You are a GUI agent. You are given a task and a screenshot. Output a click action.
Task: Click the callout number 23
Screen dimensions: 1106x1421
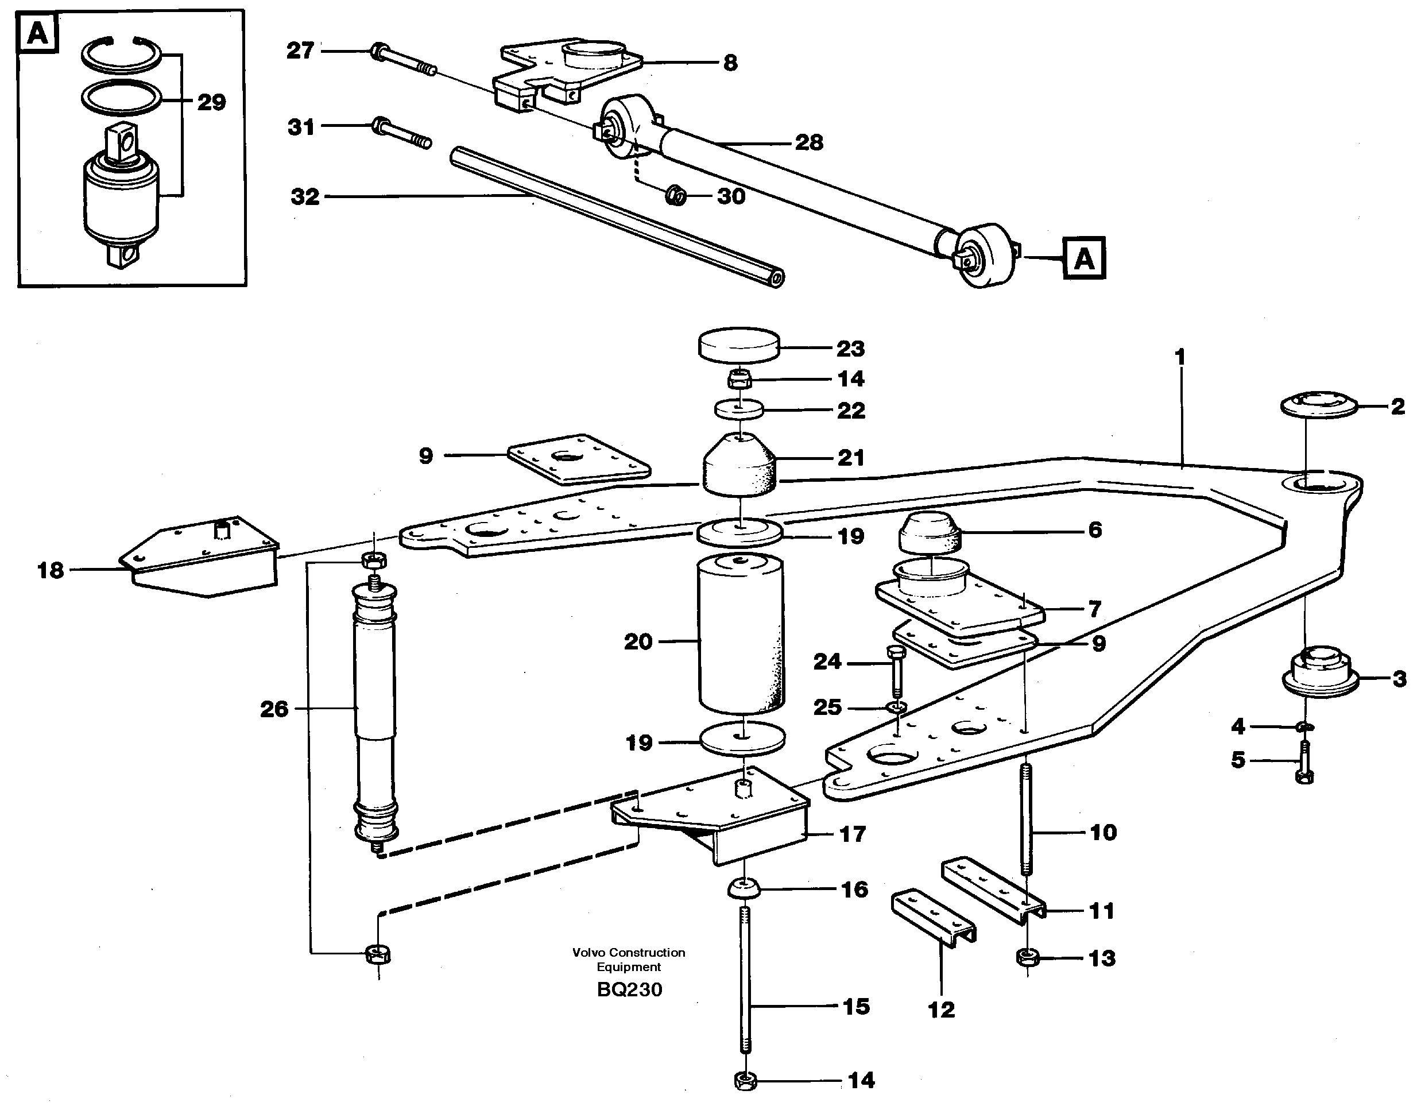click(850, 349)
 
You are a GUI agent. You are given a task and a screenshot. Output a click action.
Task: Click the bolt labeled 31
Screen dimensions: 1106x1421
click(401, 133)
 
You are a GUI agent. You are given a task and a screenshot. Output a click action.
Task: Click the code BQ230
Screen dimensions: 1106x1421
click(629, 989)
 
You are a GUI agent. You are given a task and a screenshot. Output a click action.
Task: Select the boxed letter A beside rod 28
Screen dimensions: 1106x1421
click(1083, 258)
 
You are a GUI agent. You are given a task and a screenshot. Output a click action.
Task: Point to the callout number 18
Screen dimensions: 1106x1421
click(50, 571)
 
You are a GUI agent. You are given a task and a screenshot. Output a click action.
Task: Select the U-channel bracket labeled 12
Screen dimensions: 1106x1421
click(932, 917)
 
